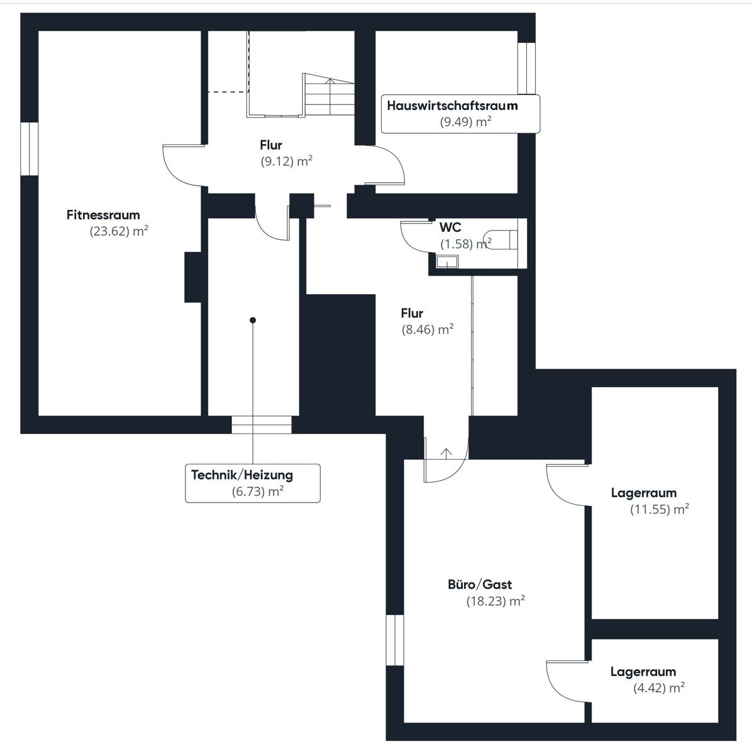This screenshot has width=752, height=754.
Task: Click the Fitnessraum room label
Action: coord(103,215)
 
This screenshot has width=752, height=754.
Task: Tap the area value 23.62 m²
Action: coord(119,231)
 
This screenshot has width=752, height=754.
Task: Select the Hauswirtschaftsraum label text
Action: coord(452,106)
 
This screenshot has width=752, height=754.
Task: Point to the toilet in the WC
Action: coord(500,239)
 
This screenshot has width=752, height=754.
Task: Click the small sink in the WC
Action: coord(447,261)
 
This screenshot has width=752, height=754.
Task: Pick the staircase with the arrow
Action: coord(329,95)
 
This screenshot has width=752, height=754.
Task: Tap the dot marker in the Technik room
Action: coord(253,320)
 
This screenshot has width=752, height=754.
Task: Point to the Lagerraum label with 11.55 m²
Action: coord(644,493)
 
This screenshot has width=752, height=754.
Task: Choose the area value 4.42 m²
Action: coord(659,688)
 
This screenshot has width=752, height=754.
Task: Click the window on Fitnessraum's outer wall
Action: coord(30,149)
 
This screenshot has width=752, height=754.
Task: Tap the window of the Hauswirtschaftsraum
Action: coord(527,68)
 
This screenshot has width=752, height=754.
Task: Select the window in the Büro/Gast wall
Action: coord(395,640)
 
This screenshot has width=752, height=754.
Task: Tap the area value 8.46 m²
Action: coord(428,330)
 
